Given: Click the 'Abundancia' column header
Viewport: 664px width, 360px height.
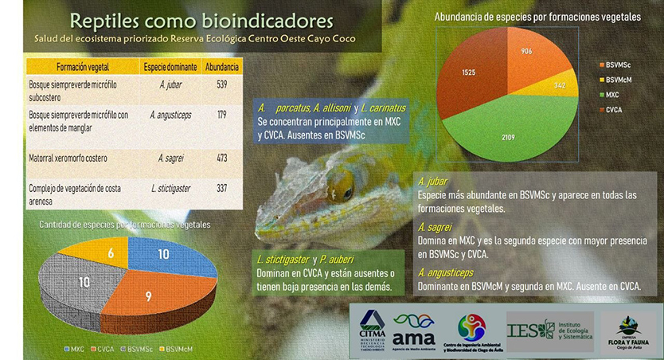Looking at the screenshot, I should (221, 66).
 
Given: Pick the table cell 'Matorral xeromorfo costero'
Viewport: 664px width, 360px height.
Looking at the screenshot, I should (72, 157).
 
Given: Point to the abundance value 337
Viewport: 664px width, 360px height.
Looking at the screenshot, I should (221, 188).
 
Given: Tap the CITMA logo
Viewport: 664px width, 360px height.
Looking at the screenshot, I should (373, 327).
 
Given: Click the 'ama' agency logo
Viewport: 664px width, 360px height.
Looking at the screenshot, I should (415, 327).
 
